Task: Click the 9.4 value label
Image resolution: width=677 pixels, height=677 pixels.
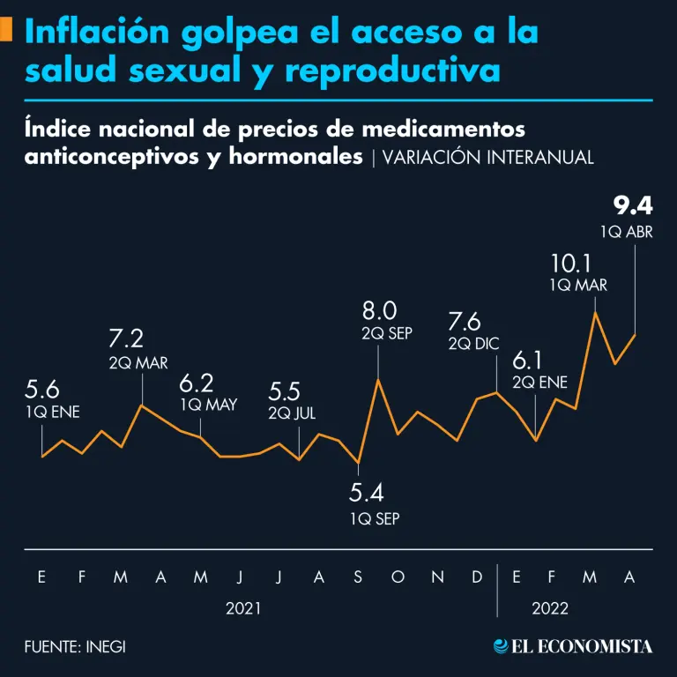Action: point(633,207)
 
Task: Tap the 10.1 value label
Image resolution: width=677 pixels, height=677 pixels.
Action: point(571,263)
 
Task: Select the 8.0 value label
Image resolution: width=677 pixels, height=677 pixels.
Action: point(380,310)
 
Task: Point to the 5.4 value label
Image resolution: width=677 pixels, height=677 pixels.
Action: point(367,492)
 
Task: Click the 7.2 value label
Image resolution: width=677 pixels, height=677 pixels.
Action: point(126,338)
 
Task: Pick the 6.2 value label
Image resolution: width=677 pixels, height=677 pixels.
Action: point(197,383)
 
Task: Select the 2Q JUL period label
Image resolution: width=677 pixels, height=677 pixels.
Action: point(292,413)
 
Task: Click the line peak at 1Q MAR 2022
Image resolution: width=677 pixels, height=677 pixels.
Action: point(596,312)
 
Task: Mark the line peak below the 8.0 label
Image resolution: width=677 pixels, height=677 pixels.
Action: point(378,379)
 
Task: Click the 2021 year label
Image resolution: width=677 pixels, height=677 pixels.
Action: point(243,608)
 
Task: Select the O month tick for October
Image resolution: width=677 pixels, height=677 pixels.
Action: point(398,577)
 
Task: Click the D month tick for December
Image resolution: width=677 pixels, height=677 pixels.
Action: point(477,577)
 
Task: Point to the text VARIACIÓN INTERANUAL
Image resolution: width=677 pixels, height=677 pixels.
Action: point(488,157)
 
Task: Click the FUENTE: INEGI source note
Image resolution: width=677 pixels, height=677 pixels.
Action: point(75,646)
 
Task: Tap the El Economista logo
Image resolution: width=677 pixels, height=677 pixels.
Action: point(573,646)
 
